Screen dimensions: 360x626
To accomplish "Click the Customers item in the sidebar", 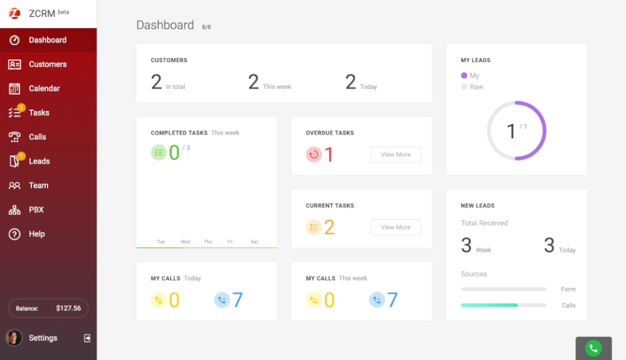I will [x=47, y=64].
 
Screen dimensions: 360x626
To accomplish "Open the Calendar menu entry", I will [x=44, y=88].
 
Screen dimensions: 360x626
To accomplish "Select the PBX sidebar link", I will [x=36, y=209].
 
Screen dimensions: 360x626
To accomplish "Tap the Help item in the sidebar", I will [x=37, y=233].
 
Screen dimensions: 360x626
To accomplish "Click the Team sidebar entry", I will [x=38, y=185].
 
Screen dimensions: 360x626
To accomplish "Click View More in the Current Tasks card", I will [x=395, y=227].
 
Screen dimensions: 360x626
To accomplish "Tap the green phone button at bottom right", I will [x=593, y=348].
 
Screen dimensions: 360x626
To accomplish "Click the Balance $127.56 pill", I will [x=48, y=308].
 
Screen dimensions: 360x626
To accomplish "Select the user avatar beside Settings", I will [x=14, y=338].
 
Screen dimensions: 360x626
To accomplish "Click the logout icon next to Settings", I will [x=87, y=338].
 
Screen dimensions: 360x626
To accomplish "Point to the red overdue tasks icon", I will [x=314, y=155].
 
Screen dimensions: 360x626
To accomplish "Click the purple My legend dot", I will [x=464, y=76].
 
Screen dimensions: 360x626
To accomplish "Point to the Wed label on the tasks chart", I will [x=185, y=242].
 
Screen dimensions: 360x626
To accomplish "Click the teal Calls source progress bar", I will [x=489, y=305].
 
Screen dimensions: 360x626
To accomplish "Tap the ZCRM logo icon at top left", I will [x=14, y=13].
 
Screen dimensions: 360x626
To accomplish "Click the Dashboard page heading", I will [x=165, y=25].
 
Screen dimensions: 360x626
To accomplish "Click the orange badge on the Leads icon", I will [x=22, y=156].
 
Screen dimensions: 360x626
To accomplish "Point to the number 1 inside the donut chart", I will [x=511, y=131].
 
